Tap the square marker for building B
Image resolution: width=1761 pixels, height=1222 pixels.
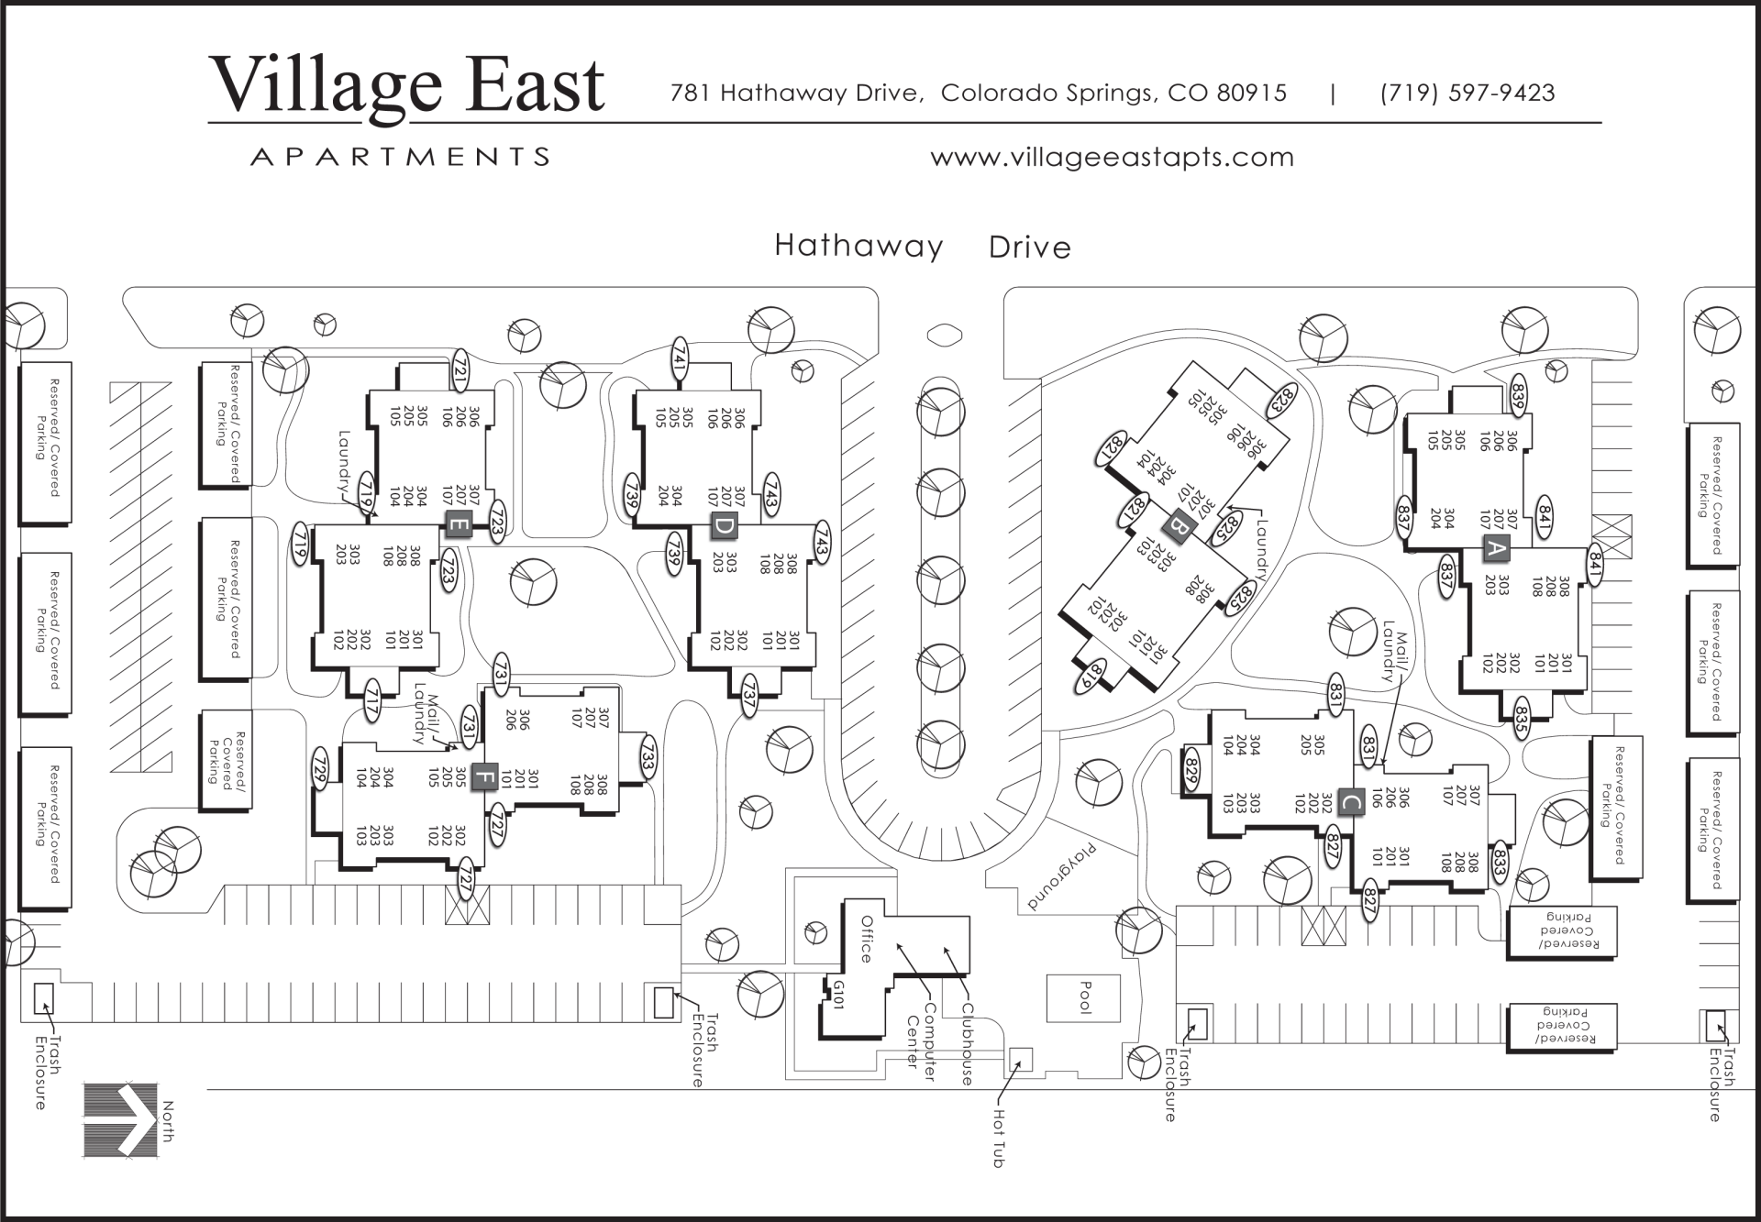(1178, 527)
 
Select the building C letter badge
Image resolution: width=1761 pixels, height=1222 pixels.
(1350, 802)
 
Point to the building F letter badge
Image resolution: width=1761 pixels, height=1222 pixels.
(483, 778)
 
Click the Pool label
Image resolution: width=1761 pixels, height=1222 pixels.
(1084, 997)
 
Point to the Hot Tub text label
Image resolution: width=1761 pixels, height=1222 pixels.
(998, 1138)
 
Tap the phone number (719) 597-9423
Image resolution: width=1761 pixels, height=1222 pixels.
(1467, 93)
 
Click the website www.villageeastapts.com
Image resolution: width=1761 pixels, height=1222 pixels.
(1112, 158)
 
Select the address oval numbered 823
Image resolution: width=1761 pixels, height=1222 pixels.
(1282, 400)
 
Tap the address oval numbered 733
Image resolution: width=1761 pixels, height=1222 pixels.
(648, 758)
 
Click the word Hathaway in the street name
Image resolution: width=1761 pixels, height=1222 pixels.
(858, 246)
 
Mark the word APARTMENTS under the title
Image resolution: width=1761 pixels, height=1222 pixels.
(400, 157)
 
